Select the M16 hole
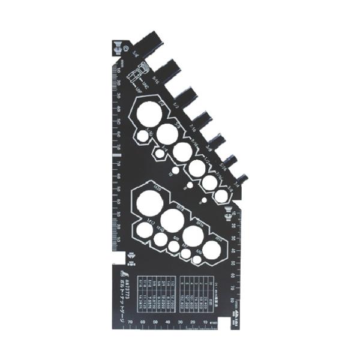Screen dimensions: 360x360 [x=193, y=236]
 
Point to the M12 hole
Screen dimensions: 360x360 [x=143, y=229]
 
